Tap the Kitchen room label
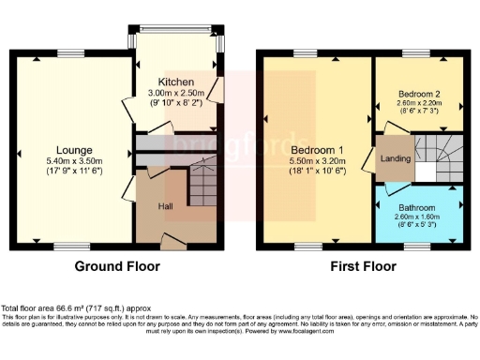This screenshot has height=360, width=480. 175,82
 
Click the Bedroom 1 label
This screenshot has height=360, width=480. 316,150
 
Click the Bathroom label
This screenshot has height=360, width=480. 418,207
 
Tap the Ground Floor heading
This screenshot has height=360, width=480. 117,266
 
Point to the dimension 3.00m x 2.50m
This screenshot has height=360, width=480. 176,94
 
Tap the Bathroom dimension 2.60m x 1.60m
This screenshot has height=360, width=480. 418,217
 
